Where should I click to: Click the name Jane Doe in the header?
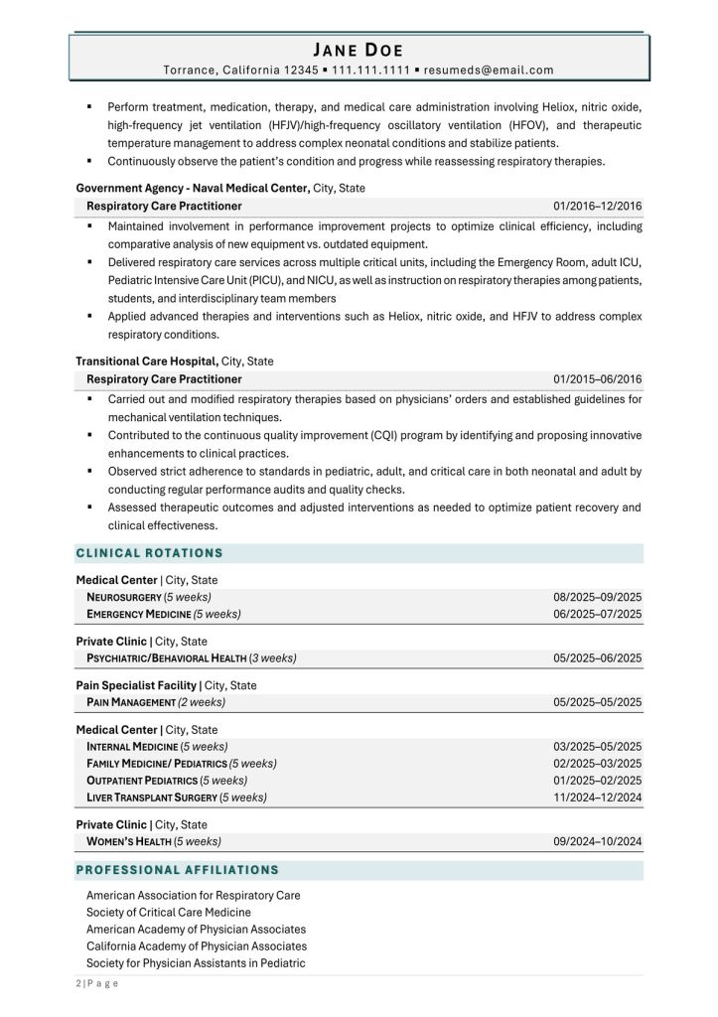(359, 50)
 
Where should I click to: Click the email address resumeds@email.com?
(490, 71)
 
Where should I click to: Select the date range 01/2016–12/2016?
(598, 206)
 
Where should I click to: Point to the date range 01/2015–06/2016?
(598, 379)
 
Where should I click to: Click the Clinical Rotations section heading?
(150, 553)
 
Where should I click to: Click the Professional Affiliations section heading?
(178, 870)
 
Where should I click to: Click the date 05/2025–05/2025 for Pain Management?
(598, 702)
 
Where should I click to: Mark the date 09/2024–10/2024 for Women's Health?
(598, 841)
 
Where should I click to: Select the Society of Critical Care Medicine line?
(169, 912)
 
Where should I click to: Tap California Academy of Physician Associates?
(197, 945)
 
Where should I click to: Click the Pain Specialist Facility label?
(137, 685)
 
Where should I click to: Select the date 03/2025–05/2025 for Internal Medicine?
(598, 746)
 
